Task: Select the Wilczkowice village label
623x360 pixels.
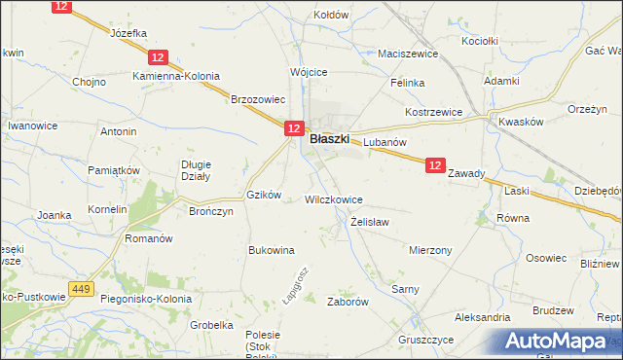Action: click(334, 199)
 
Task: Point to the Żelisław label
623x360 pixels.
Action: click(370, 222)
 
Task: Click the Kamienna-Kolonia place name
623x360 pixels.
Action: click(176, 76)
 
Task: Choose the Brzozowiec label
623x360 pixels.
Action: click(257, 98)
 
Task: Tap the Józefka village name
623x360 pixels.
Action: click(128, 32)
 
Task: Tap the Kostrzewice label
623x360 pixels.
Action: click(433, 113)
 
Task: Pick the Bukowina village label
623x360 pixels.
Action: click(272, 250)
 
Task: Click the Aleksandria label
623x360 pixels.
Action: click(482, 317)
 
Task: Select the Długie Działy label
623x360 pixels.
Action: click(196, 170)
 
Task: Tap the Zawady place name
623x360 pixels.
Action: click(466, 173)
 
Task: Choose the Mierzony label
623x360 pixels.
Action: click(430, 249)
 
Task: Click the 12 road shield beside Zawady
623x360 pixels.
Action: click(435, 167)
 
